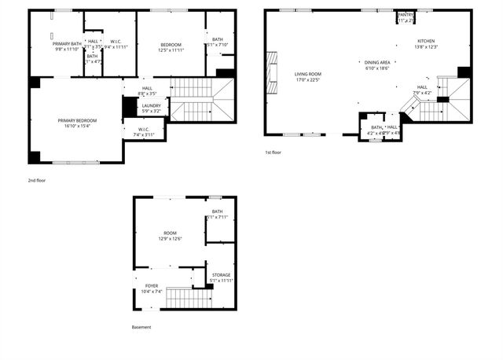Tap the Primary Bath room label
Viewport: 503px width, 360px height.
pos(68,43)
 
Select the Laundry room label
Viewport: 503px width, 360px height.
pos(152,105)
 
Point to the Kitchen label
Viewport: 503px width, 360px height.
pos(426,41)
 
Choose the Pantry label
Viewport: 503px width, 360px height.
pos(406,15)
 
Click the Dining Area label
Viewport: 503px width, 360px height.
pos(377,63)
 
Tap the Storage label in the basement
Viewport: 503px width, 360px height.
pos(221,275)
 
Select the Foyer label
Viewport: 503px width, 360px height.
pos(152,286)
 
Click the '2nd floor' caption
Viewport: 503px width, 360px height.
pos(38,180)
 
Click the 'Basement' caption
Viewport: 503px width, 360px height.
pos(141,327)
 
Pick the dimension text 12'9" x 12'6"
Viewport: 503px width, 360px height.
pos(170,239)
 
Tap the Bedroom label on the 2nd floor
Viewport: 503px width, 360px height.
pos(171,44)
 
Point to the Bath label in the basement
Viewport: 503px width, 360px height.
pos(217,211)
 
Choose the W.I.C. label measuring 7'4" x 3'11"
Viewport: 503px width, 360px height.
pos(142,130)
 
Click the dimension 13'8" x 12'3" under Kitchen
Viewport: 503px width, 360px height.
pos(426,47)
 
